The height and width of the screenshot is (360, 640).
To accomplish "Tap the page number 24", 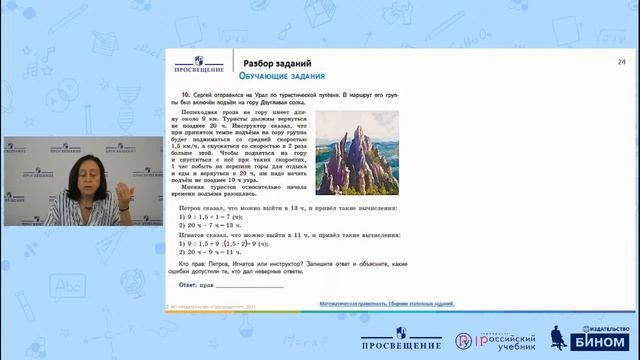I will point(622,62).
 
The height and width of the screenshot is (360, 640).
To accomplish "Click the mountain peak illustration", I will point(357,150).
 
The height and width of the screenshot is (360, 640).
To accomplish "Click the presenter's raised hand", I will point(121,188).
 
